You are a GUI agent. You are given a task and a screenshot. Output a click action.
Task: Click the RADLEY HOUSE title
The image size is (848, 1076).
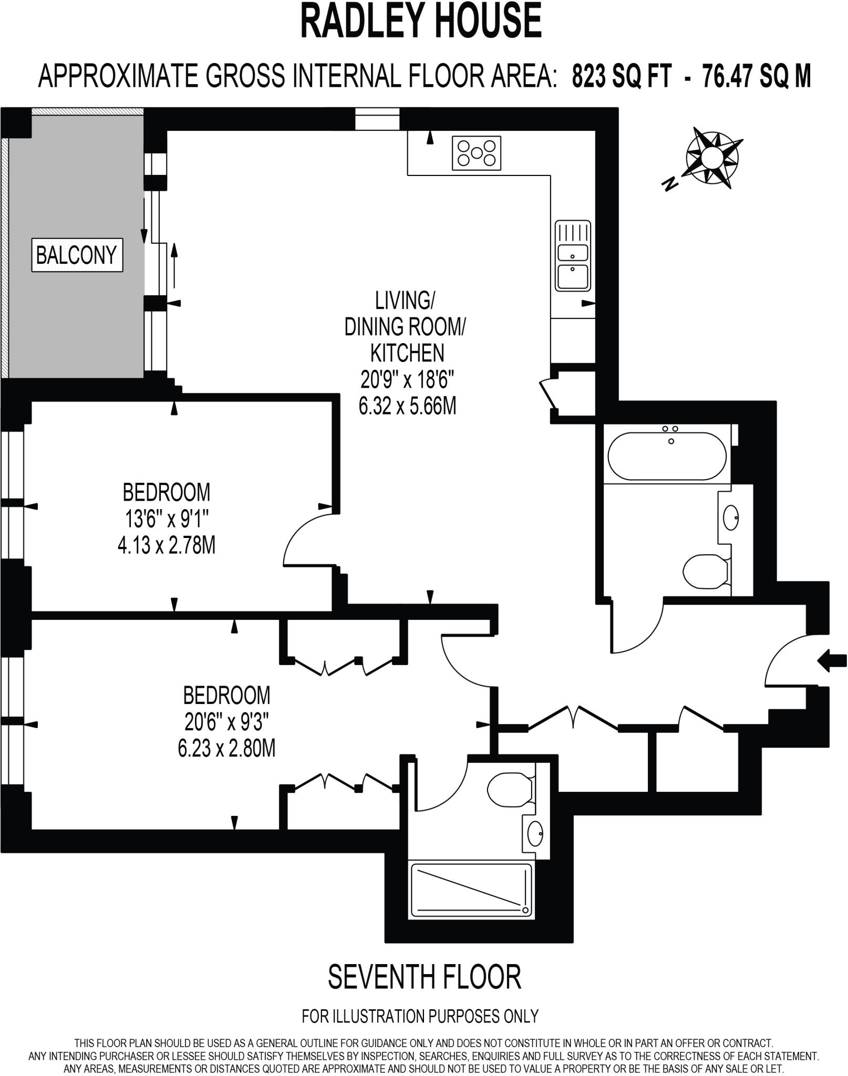(421, 21)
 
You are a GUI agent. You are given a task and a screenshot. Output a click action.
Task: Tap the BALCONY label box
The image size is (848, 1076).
(77, 255)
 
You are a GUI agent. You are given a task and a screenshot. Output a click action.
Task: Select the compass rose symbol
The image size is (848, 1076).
(712, 157)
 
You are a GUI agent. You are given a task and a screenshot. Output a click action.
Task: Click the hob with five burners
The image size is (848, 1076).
(477, 153)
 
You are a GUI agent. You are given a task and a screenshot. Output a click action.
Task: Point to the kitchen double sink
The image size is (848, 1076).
(573, 256)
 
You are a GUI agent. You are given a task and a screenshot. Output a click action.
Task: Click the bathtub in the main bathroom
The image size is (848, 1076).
(667, 456)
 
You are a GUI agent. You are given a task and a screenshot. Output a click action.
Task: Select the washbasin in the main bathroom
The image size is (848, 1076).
(731, 518)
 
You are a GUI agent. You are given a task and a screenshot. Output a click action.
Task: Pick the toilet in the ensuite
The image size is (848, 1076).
(510, 790)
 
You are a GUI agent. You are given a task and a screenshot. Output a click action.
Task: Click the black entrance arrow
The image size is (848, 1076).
(832, 660)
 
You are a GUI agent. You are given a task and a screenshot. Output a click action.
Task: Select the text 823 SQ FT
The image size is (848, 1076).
(622, 77)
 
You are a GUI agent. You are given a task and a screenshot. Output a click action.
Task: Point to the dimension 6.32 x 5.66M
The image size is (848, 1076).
(407, 406)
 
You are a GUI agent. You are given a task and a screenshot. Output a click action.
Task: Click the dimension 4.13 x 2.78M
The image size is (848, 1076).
(167, 546)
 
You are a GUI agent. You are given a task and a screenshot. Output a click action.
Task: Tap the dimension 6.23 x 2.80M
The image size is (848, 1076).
(226, 748)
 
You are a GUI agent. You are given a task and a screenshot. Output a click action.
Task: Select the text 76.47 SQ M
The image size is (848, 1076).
(757, 77)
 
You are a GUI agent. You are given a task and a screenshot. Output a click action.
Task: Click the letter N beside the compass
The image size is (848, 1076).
(669, 184)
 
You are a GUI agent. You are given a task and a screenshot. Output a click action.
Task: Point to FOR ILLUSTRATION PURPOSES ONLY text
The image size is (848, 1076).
(420, 1016)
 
